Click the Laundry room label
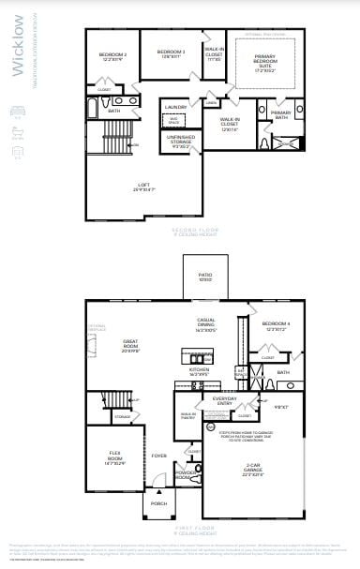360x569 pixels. pos(175,108)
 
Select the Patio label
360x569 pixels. pos(204,277)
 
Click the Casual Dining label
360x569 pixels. pos(206,324)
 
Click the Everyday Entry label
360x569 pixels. pos(225,400)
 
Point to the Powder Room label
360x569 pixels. pos(187,474)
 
